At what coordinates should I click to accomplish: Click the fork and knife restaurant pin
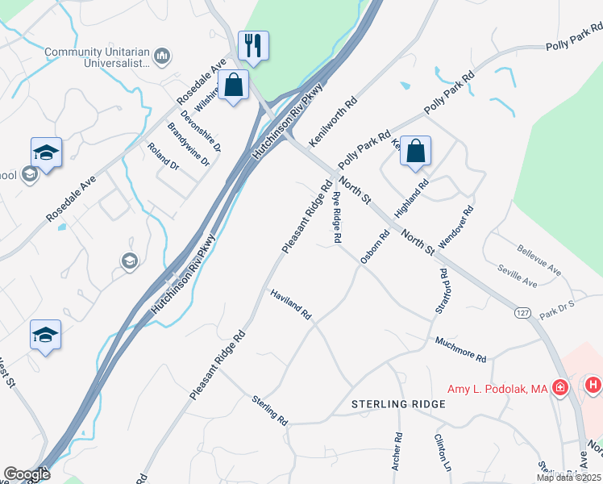[253, 46]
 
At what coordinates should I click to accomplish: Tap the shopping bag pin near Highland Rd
[415, 151]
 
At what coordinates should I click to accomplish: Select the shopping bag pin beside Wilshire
[233, 85]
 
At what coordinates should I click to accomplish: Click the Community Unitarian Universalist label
[98, 56]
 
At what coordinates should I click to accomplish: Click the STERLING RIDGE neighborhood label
[398, 403]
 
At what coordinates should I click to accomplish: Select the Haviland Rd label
[290, 304]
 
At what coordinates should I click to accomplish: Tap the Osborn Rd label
[376, 246]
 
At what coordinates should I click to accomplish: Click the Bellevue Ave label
[539, 261]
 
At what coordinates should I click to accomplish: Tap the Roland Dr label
[163, 156]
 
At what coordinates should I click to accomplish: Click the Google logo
[27, 475]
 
